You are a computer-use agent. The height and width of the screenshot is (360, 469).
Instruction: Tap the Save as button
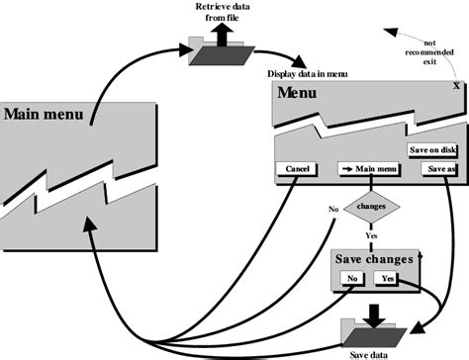(438, 169)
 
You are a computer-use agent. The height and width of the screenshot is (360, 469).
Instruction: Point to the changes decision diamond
(371, 208)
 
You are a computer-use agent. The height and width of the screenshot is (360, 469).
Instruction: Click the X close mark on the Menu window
(455, 86)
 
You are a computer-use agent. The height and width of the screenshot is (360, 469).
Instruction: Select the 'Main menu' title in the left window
(43, 112)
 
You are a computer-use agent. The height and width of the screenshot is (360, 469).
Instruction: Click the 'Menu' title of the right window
(298, 93)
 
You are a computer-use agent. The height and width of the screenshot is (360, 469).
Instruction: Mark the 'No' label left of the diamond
(333, 209)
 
